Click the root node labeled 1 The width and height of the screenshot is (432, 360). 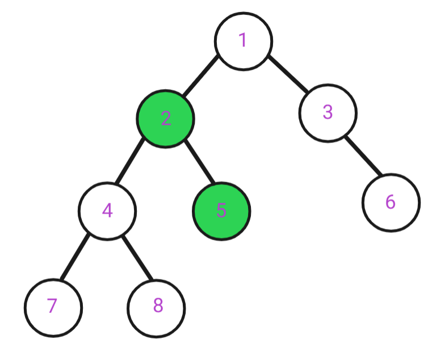point(244,41)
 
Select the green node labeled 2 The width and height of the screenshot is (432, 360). point(166,119)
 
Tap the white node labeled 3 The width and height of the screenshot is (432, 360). point(328,113)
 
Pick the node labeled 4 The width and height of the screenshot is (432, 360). point(107,211)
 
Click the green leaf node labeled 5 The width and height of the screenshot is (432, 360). point(221,211)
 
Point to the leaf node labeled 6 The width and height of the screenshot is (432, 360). point(391,203)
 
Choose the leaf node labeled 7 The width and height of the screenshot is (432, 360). point(53,308)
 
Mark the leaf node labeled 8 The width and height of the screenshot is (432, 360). point(156,308)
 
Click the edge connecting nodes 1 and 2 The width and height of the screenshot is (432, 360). point(201,76)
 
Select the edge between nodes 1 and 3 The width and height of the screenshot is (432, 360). point(288,74)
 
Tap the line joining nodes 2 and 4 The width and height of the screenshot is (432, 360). point(129,161)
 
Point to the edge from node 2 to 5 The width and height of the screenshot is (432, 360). point(199,161)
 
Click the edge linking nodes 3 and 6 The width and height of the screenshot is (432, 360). point(363,156)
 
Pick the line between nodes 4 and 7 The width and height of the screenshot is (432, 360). point(75,257)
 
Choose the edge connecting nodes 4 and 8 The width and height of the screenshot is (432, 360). point(137,258)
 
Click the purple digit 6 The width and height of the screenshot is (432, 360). point(391,202)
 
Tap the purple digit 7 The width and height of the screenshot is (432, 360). point(52,305)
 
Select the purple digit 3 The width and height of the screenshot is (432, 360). point(328,112)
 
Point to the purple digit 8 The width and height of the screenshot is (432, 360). point(158,305)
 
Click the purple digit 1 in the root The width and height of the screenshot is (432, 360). point(243,40)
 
